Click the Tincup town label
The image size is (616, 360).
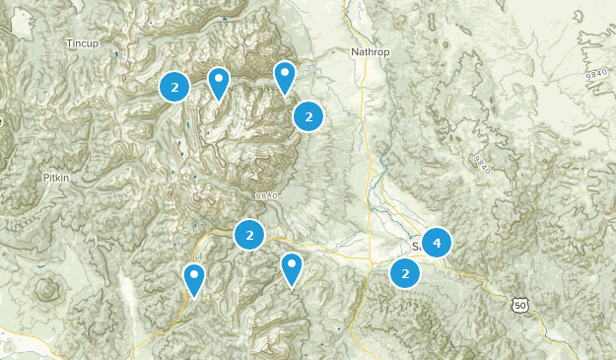[x=85, y=43]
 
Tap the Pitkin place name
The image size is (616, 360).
[x=56, y=178]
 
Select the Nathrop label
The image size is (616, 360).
[x=371, y=51]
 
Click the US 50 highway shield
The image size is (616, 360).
[x=520, y=306]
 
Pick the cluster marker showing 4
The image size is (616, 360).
[x=436, y=242]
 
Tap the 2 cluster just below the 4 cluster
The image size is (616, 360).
[x=405, y=273]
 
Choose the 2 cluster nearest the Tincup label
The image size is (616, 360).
[x=174, y=88]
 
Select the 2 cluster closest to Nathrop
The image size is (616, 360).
[x=309, y=116]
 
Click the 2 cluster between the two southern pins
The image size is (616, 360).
[x=250, y=235]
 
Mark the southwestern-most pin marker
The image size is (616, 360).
[x=195, y=279]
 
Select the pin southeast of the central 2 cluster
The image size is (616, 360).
[x=292, y=267]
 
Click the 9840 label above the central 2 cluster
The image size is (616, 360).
[x=267, y=197]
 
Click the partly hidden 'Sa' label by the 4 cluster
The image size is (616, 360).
[x=416, y=246]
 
